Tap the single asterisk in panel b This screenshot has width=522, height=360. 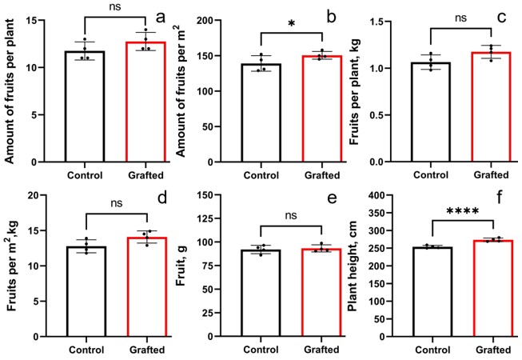point(290,24)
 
